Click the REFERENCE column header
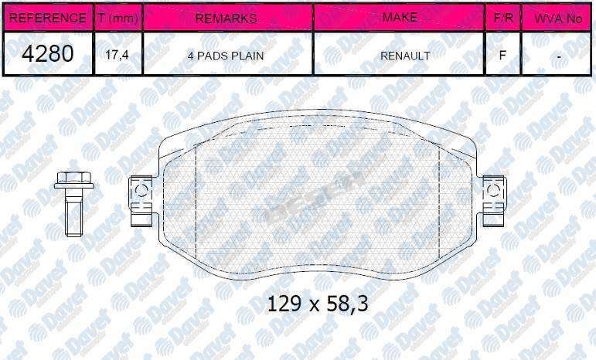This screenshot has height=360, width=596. pyautogui.click(x=47, y=18)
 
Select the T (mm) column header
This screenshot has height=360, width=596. pyautogui.click(x=117, y=18)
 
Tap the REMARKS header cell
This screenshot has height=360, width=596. pyautogui.click(x=227, y=18)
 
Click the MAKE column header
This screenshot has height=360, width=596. pyautogui.click(x=399, y=18)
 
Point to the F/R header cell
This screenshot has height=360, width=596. pyautogui.click(x=503, y=18)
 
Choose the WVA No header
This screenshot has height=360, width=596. pyautogui.click(x=557, y=18)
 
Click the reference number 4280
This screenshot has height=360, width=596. pyautogui.click(x=47, y=53)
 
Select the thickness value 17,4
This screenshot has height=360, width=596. pyautogui.click(x=117, y=55)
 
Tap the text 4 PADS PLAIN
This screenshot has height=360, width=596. pyautogui.click(x=226, y=56)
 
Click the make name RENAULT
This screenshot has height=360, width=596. pyautogui.click(x=405, y=56)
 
